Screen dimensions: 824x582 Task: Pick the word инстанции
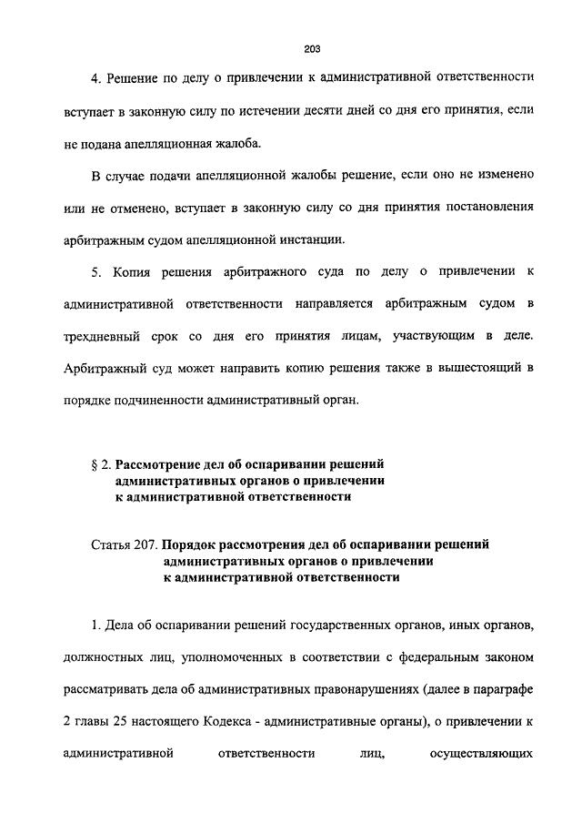pos(315,239)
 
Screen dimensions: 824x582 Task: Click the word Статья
pos(111,544)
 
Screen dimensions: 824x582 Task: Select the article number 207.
pos(148,544)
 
